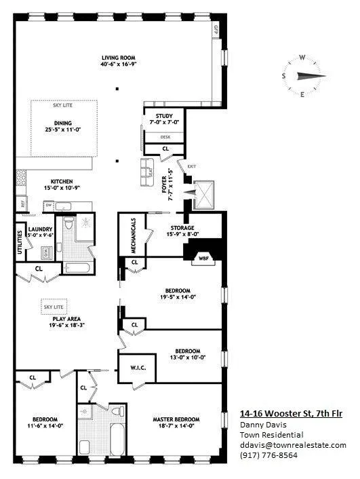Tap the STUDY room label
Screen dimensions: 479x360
click(x=165, y=116)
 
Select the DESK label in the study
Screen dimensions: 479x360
click(x=165, y=136)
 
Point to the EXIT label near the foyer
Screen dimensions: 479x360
click(x=192, y=166)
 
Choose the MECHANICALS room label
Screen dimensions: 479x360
click(x=134, y=235)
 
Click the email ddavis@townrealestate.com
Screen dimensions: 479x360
click(x=293, y=445)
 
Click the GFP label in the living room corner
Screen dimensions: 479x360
click(x=216, y=30)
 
